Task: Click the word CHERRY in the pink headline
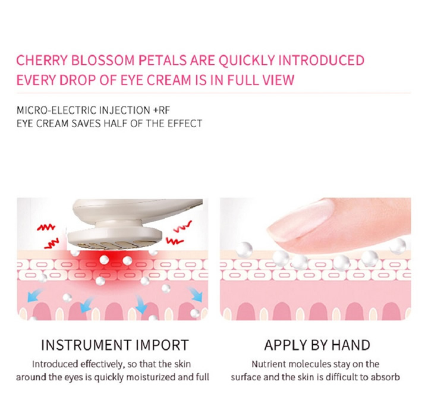pyautogui.click(x=42, y=60)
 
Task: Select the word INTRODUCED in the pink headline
pyautogui.click(x=321, y=60)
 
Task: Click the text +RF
pyautogui.click(x=162, y=111)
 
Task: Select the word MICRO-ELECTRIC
pyautogui.click(x=56, y=111)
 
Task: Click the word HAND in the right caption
pyautogui.click(x=351, y=345)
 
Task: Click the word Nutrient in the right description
pyautogui.click(x=269, y=364)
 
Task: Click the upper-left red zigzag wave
pyautogui.click(x=46, y=227)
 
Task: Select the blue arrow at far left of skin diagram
pyautogui.click(x=34, y=295)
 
